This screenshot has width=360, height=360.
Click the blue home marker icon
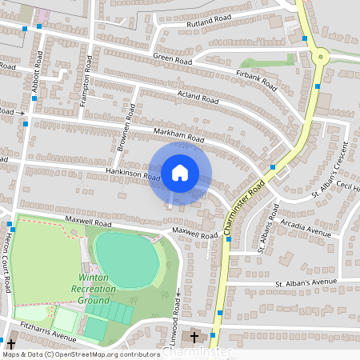(x=180, y=172)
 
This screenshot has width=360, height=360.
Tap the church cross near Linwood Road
(x=194, y=338)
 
